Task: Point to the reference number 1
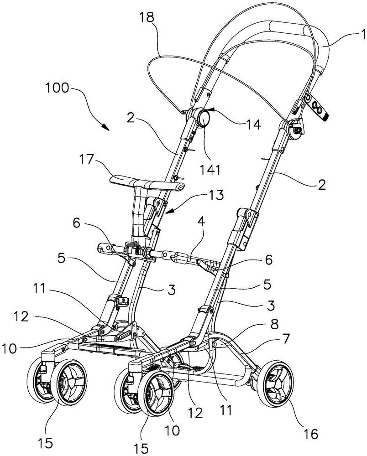click(351, 34)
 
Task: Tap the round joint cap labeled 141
click(201, 119)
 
